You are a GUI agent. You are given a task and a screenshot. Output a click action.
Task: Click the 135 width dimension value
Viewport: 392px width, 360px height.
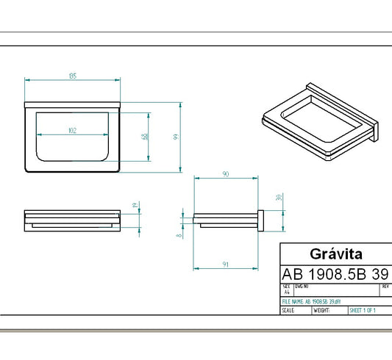point(73,76)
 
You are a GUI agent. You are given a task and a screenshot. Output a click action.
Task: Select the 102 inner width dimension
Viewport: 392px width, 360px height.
point(72,130)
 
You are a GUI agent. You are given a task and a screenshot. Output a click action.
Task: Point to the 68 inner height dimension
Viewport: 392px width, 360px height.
point(146,136)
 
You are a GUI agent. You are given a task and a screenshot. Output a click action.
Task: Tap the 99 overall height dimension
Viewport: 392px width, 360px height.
point(177,137)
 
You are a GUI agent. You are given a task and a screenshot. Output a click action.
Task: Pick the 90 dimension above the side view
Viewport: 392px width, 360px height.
point(225,173)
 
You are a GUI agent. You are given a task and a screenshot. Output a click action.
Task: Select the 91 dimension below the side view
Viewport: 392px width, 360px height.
point(225,264)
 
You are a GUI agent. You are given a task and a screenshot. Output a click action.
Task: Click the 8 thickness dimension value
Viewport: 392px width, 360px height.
point(179,235)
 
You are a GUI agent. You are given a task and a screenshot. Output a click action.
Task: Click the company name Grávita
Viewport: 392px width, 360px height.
point(335,254)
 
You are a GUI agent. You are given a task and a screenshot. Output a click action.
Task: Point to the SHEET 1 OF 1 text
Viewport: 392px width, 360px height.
point(363,311)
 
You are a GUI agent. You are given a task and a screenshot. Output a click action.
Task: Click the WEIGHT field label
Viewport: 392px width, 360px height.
point(321,311)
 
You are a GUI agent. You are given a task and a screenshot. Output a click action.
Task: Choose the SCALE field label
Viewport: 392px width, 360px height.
point(289,311)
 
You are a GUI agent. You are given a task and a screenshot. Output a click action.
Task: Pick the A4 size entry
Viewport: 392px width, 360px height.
point(286,292)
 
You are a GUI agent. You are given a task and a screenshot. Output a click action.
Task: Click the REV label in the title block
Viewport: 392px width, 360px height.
point(385,286)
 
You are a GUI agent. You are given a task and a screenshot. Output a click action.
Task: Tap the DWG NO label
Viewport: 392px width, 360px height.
point(302,286)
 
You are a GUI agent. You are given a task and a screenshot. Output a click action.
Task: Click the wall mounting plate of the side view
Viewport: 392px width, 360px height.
point(260,219)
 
